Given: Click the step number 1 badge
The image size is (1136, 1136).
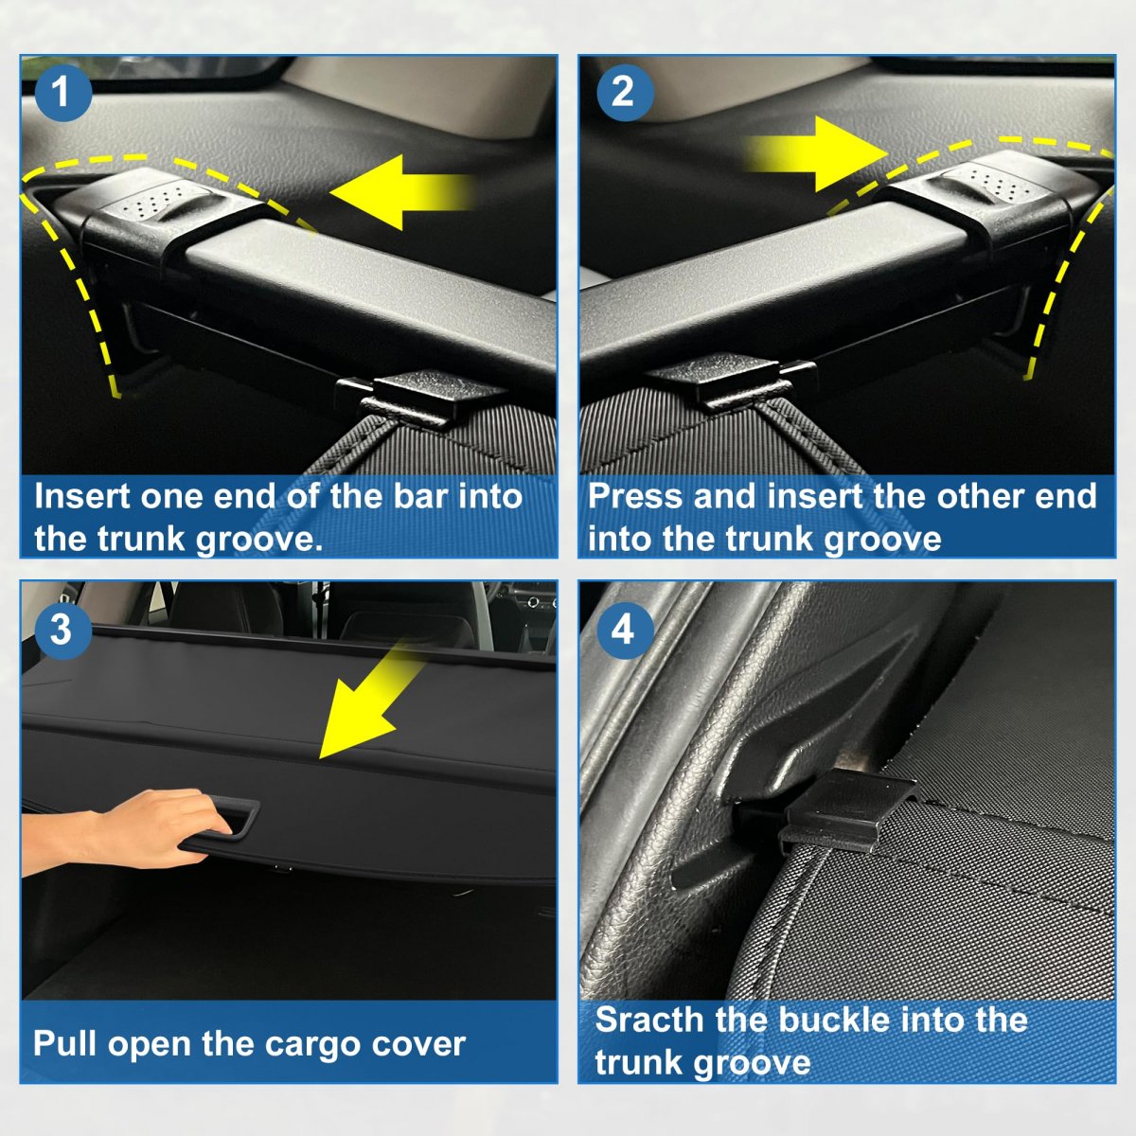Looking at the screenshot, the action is [63, 93].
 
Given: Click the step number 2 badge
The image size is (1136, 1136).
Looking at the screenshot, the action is [625, 93].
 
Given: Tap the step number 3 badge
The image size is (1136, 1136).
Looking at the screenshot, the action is [63, 630].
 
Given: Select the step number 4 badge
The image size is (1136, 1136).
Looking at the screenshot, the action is [625, 630].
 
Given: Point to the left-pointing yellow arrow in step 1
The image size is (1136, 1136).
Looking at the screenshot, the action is [400, 192].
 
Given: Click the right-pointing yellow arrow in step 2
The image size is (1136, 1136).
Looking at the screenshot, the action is [816, 154].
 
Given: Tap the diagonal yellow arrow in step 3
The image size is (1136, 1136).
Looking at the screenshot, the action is [368, 701].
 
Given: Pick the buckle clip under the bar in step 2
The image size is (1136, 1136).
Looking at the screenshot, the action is [731, 381].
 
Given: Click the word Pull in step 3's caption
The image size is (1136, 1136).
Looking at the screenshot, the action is [64, 1044].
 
